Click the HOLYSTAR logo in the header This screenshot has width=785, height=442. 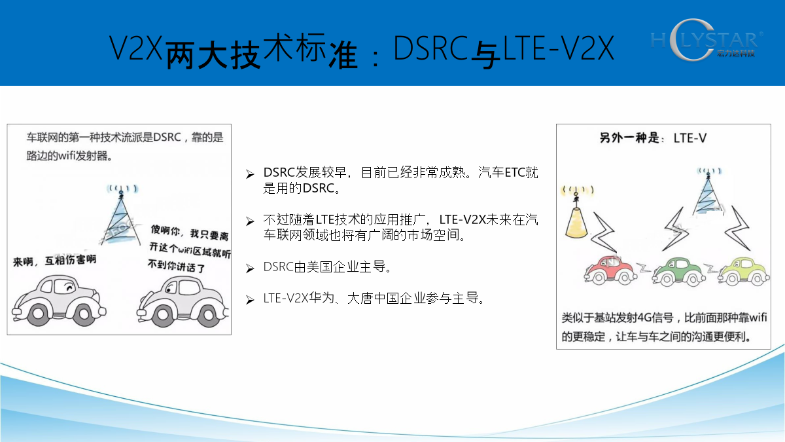pos(706,40)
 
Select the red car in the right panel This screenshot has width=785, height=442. pos(610,270)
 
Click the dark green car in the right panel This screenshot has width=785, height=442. pos(678,271)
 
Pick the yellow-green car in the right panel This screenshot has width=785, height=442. pos(744,271)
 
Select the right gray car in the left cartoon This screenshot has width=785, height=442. pos(183,302)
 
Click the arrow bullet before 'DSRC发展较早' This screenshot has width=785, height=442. pos(250,174)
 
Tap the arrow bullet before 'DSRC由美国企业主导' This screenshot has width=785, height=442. pos(250,268)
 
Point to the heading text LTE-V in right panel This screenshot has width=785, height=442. pos(689,138)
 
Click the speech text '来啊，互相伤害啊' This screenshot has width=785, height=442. pos(55,261)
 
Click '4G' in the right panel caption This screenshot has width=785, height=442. pos(644,318)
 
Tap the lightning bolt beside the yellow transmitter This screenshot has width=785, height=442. pos(603,232)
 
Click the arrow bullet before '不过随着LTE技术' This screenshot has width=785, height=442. pos(250,221)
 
